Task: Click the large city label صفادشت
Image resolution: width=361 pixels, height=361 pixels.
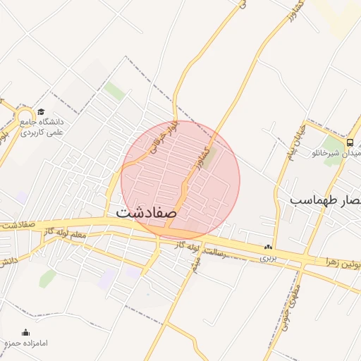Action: click(x=147, y=211)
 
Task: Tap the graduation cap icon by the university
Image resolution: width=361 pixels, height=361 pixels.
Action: click(x=41, y=112)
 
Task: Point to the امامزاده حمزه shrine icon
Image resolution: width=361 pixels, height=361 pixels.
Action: click(x=26, y=333)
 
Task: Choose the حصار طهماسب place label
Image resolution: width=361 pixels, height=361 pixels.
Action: click(x=325, y=201)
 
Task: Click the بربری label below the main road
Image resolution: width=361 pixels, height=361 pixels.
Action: click(x=267, y=258)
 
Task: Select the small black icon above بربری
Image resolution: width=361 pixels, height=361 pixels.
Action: click(x=267, y=247)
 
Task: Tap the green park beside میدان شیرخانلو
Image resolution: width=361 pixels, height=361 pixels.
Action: click(x=333, y=159)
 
